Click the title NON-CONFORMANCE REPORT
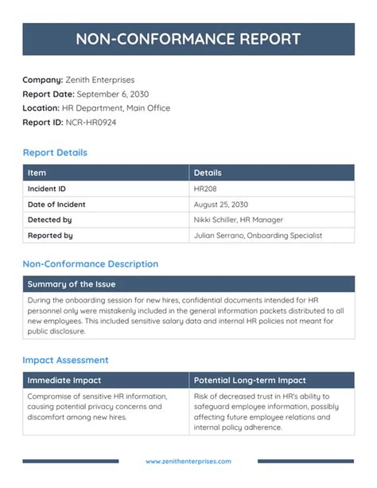[188, 39]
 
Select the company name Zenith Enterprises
[100, 80]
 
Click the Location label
[41, 108]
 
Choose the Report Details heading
[55, 153]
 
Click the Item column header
[37, 173]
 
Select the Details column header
[208, 173]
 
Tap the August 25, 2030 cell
[221, 205]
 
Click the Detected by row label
[50, 220]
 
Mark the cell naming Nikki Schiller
[239, 220]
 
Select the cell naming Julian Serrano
[258, 236]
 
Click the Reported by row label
[50, 236]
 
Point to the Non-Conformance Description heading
[90, 264]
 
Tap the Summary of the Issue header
[72, 284]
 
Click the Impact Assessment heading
[65, 360]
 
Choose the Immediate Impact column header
[64, 381]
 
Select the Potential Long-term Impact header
[250, 381]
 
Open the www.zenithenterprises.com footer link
[188, 461]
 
